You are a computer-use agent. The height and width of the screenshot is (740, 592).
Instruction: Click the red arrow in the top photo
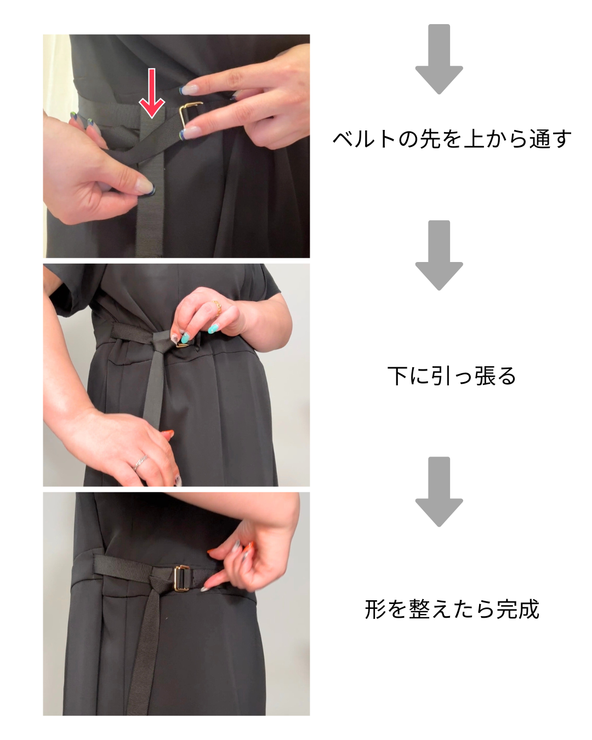(151, 93)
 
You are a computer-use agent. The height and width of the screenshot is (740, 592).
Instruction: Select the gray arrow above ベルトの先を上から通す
(439, 59)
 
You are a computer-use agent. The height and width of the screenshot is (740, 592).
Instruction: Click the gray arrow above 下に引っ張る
(439, 255)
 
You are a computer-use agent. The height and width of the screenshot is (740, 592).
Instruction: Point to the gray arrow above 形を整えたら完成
(439, 491)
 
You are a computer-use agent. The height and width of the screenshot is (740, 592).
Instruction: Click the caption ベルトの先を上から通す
(452, 139)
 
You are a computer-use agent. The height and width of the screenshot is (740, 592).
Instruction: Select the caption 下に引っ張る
(452, 375)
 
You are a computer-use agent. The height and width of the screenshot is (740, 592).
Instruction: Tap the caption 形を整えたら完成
(452, 610)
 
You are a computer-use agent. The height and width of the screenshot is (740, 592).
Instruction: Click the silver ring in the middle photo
(140, 463)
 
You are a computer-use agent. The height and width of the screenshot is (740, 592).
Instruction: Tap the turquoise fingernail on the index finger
(213, 329)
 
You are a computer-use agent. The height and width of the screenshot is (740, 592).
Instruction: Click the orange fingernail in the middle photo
(168, 435)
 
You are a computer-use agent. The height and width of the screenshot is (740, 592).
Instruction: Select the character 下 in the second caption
(398, 375)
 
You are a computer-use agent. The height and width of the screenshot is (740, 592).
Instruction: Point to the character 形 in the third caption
(375, 610)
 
